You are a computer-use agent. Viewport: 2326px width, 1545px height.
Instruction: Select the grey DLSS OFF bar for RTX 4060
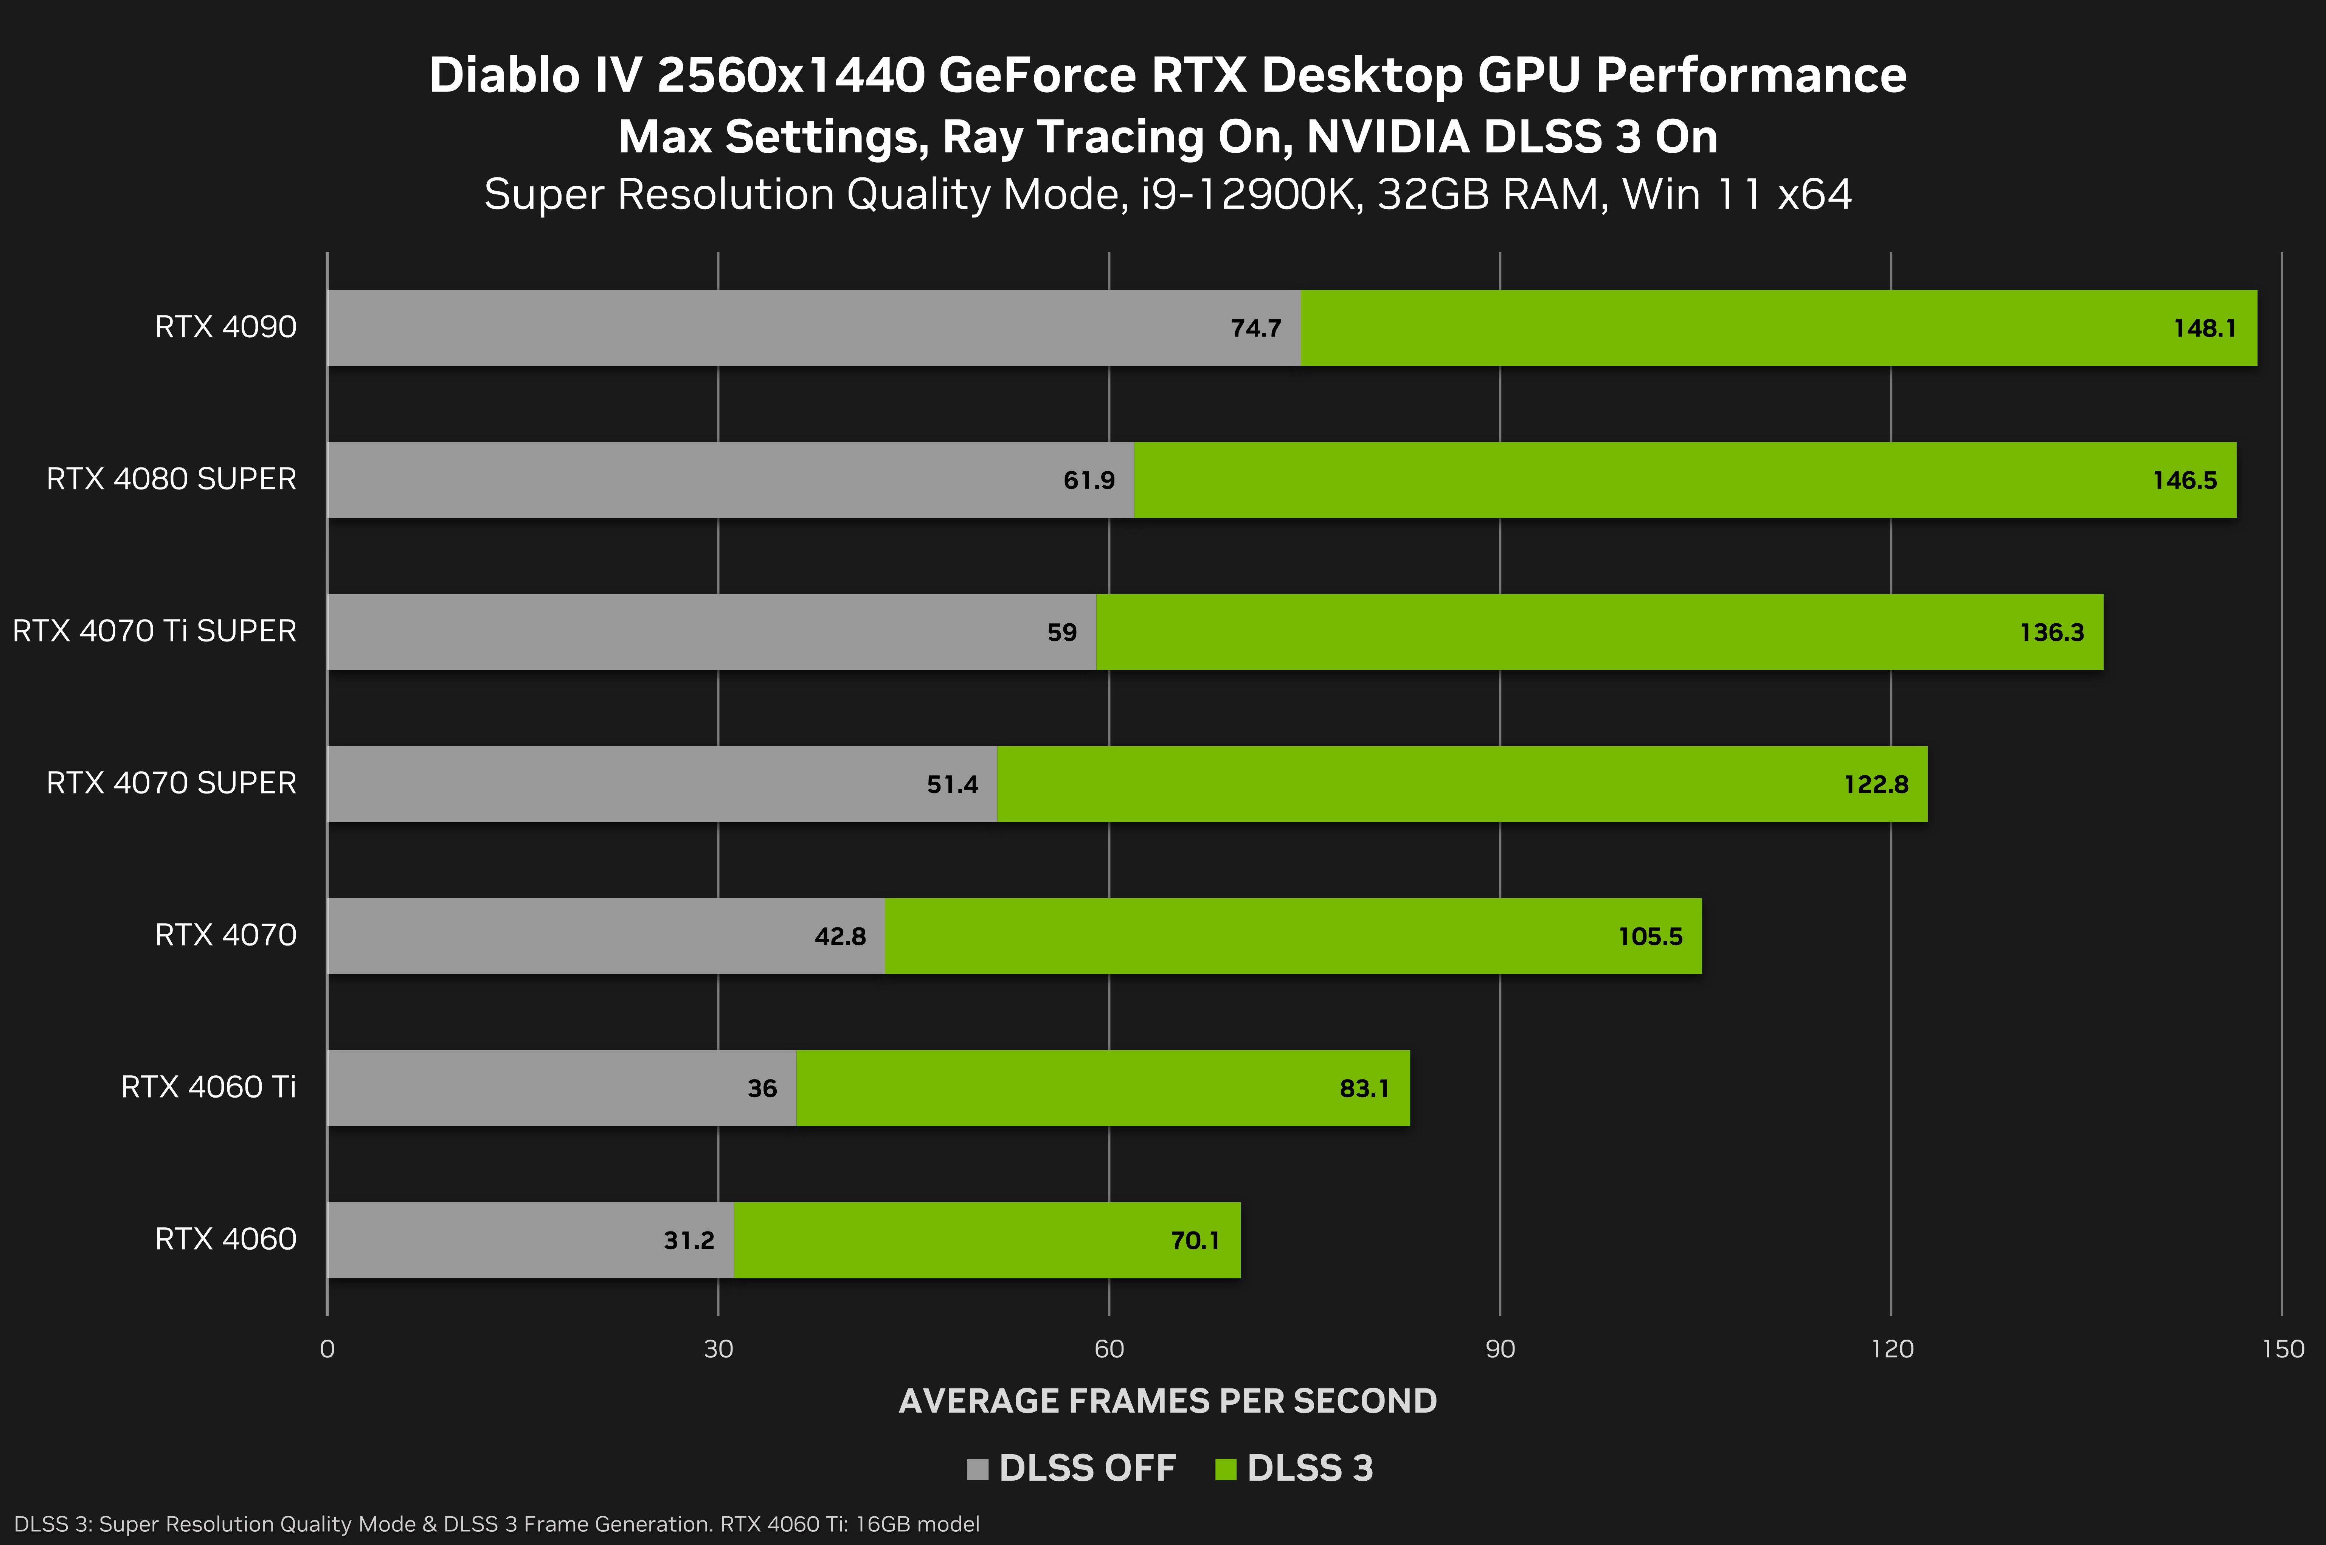coord(493,1239)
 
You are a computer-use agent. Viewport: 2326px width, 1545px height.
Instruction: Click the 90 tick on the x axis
coord(1499,1349)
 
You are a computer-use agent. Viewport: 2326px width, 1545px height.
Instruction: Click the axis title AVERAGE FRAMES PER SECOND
coord(1167,1400)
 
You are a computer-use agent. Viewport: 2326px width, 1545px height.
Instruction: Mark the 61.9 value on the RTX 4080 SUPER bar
coord(1089,480)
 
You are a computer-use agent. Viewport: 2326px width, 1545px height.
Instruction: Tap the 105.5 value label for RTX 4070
coord(1650,936)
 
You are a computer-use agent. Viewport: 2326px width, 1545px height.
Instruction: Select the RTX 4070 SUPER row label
coord(171,783)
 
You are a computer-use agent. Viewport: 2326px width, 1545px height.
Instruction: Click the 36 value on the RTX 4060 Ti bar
coord(762,1088)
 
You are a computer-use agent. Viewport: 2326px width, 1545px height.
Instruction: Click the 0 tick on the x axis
coord(327,1349)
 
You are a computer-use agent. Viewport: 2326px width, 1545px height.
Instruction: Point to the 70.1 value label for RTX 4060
coord(1194,1239)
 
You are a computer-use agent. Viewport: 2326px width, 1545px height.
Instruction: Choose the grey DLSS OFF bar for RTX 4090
coord(768,328)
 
